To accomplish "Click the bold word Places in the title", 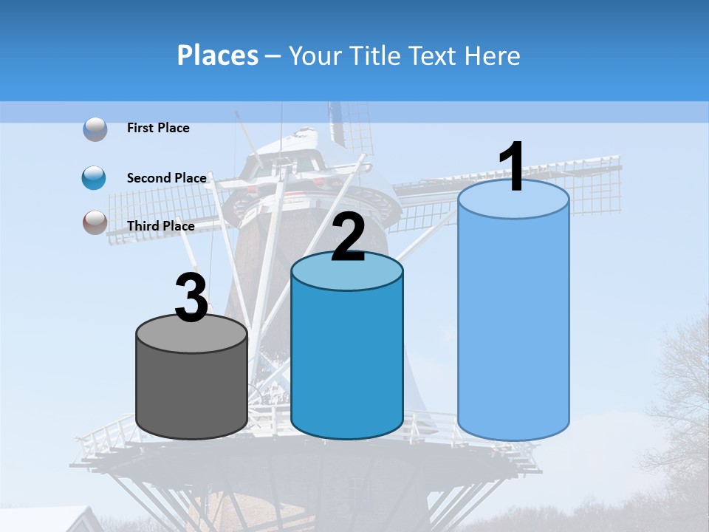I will tap(217, 55).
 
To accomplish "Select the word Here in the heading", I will tap(493, 55).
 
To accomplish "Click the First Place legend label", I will tap(158, 128).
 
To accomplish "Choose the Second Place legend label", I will tap(166, 177).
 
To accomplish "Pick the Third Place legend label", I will tap(160, 226).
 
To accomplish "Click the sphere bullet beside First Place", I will tap(95, 129).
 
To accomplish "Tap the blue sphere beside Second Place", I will tap(94, 177).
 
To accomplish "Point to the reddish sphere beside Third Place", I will tap(95, 222).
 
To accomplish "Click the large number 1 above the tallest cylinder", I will tap(513, 167).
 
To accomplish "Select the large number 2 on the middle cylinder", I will tap(348, 238).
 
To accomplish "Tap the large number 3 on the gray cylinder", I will tap(192, 299).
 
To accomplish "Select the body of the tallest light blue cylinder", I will tap(513, 325).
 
